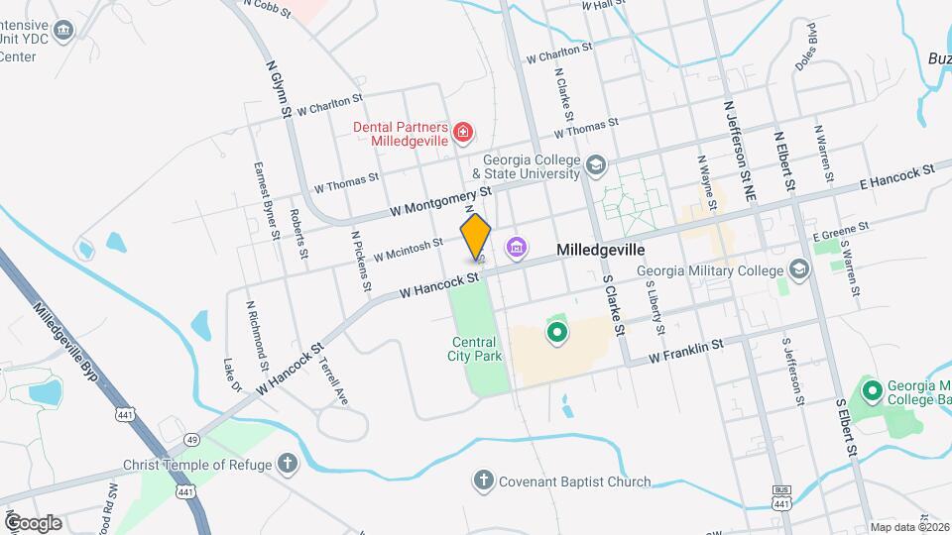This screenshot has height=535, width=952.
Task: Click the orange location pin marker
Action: click(476, 237)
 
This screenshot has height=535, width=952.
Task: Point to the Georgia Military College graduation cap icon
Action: click(799, 269)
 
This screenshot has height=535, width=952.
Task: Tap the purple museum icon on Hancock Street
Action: click(516, 248)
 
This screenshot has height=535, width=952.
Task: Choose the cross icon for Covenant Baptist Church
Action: click(483, 482)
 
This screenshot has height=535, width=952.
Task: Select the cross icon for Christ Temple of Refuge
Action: click(287, 464)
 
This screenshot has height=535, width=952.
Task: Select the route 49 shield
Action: click(191, 438)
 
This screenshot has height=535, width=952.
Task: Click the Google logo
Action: click(33, 522)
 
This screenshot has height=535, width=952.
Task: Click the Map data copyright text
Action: click(908, 526)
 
